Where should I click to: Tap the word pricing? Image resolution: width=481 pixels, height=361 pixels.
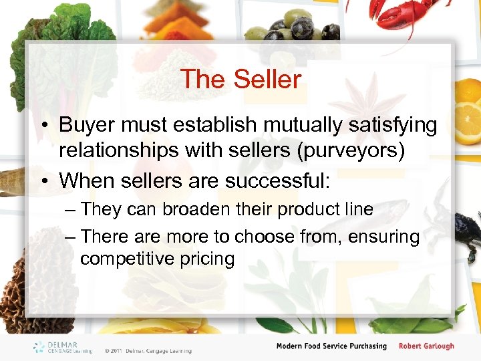click(x=208, y=259)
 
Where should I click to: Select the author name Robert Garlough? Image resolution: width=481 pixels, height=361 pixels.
click(x=426, y=346)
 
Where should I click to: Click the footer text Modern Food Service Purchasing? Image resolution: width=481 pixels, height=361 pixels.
click(x=332, y=346)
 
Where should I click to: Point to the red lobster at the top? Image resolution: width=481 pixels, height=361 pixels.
click(x=408, y=17)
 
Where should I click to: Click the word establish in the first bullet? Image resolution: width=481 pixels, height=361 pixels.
click(x=215, y=125)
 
